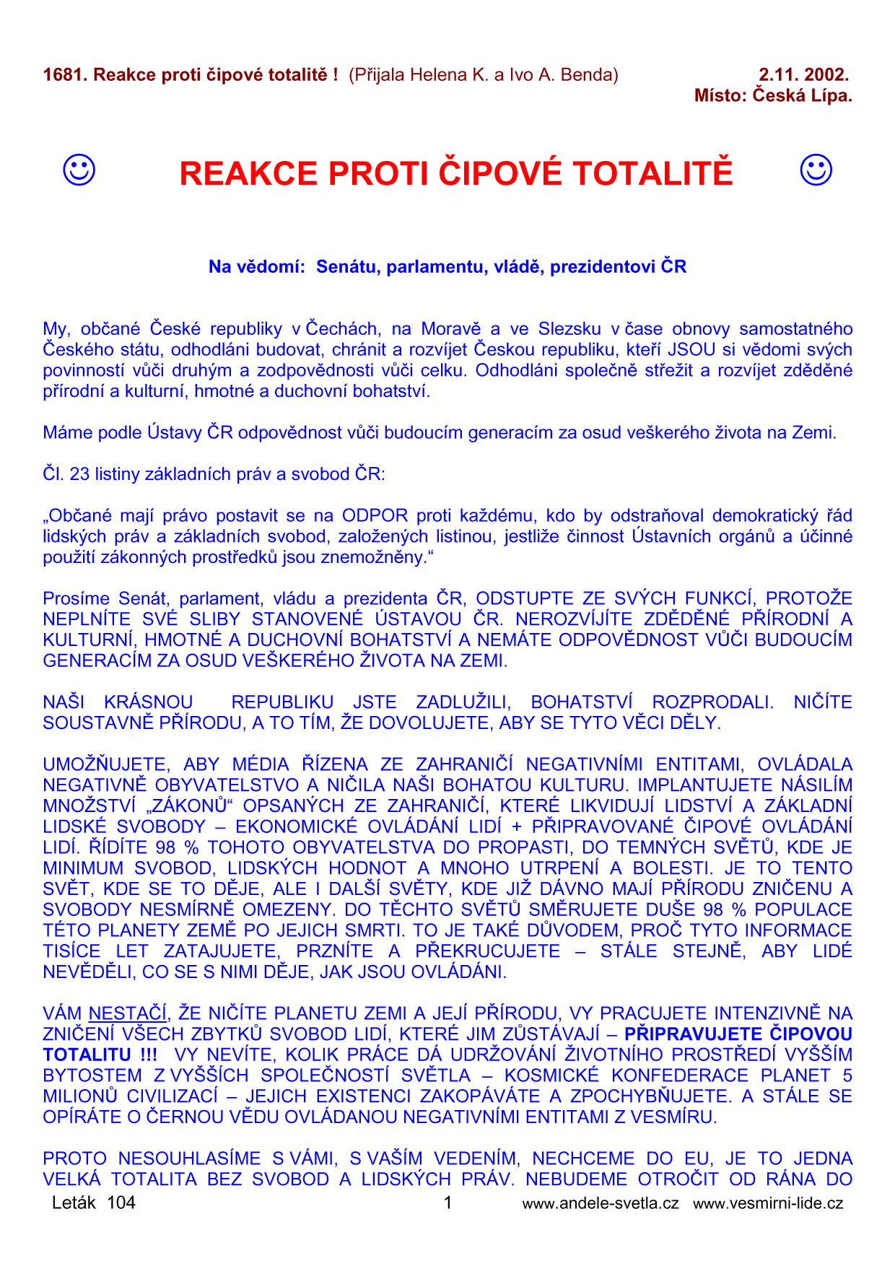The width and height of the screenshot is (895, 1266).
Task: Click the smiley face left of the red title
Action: (x=79, y=170)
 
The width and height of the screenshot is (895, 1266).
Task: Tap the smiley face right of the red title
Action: (x=816, y=170)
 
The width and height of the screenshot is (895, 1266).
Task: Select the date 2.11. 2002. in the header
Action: (x=803, y=74)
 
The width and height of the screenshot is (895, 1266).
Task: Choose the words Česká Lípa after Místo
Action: (x=802, y=95)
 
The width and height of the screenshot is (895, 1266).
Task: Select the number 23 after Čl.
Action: (x=79, y=474)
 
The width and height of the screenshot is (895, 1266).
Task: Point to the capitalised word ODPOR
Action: (x=375, y=516)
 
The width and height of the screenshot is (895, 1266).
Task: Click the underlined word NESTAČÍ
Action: (x=128, y=1014)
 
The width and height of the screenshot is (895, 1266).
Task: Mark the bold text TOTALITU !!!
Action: (x=100, y=1055)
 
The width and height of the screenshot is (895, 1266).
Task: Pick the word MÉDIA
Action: (x=260, y=764)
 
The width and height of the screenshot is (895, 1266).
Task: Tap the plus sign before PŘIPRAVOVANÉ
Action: (x=516, y=827)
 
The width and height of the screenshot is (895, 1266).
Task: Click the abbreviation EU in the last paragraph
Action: (x=697, y=1159)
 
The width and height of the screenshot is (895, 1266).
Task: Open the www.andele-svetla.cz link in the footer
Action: (x=600, y=1203)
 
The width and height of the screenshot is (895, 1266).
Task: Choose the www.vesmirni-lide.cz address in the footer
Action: (x=768, y=1203)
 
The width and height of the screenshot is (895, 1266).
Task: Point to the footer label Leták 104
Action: (x=93, y=1202)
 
